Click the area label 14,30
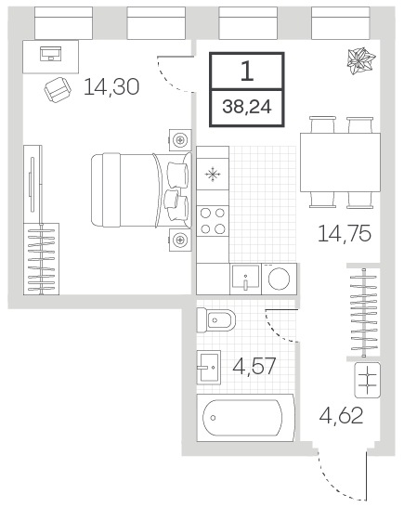[x=111, y=87]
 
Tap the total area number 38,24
[x=247, y=107]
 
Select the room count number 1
[x=247, y=71]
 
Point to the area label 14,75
[x=345, y=233]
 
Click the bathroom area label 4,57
[x=254, y=366]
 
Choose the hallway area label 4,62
[x=341, y=415]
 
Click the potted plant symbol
[x=360, y=60]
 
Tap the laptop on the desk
[x=50, y=54]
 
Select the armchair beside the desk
[x=58, y=89]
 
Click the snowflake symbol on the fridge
[x=213, y=175]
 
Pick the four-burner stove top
[x=213, y=221]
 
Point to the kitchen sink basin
[x=245, y=277]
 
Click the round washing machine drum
[x=279, y=279]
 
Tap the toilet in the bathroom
[x=215, y=320]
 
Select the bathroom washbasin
[x=209, y=368]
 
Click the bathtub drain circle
[x=213, y=418]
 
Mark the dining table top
[x=340, y=162]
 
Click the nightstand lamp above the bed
[x=180, y=140]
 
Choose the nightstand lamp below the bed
[x=180, y=240]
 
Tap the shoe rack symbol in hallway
[x=368, y=380]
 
